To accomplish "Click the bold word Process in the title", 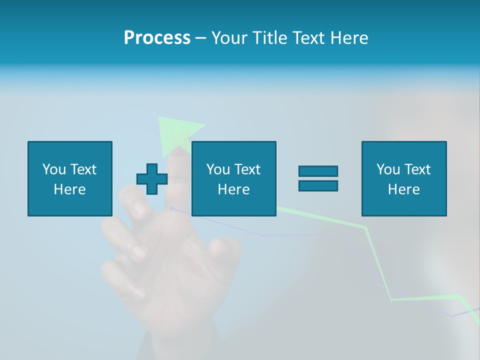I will click(x=157, y=38).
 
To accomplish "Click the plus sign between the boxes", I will click(x=152, y=179).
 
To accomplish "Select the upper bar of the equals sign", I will click(x=318, y=171).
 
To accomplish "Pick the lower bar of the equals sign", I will click(x=318, y=185).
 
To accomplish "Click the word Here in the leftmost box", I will click(x=69, y=189).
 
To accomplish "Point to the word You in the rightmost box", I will click(x=388, y=169).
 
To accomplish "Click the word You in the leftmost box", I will click(x=54, y=169).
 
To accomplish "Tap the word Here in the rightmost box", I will click(x=403, y=189).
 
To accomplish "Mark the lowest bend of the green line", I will click(x=391, y=299).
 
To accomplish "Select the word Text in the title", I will click(x=308, y=38).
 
